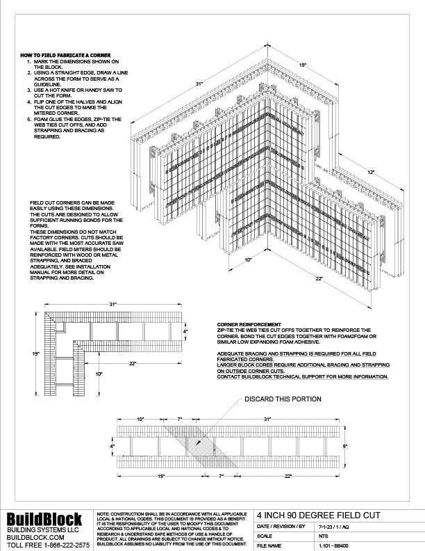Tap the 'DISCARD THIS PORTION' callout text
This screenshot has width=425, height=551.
pyautogui.click(x=281, y=399)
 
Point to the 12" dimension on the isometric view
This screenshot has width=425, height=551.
pyautogui.click(x=372, y=171)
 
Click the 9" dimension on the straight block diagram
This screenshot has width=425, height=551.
pyautogui.click(x=345, y=443)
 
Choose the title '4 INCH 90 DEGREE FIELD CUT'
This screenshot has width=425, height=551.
pyautogui.click(x=306, y=516)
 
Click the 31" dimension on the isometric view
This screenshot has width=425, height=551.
pyautogui.click(x=199, y=84)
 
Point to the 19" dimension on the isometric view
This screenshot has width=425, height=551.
pyautogui.click(x=302, y=65)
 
